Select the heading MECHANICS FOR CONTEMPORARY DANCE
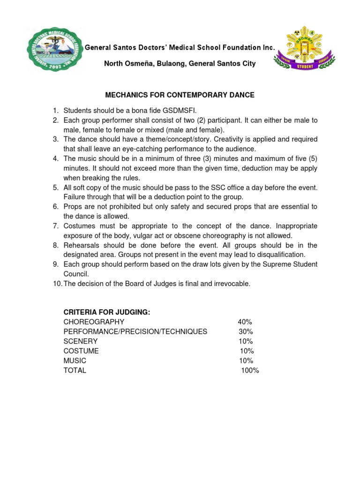pos(180,95)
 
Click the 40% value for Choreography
pos(245,322)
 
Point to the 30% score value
pos(245,331)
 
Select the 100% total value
pos(250,370)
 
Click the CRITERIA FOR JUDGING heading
pos(107,312)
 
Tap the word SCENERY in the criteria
pos(81,341)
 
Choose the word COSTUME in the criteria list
pos(81,351)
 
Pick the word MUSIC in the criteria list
pos(75,360)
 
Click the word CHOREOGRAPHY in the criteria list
pos(94,322)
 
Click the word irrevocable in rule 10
pos(230,284)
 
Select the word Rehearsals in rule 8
pos(81,245)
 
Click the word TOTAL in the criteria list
pos(75,370)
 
